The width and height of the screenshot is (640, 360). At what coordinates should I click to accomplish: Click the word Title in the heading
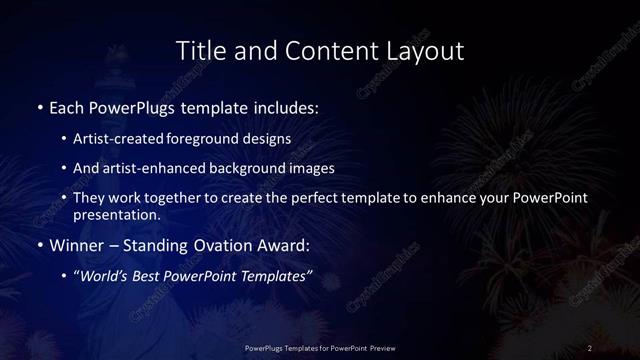tap(198, 50)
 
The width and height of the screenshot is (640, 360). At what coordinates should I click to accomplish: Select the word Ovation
tap(216, 244)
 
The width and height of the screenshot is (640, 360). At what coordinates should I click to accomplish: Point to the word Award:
tap(279, 244)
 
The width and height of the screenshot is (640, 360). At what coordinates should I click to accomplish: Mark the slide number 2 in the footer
tap(590, 347)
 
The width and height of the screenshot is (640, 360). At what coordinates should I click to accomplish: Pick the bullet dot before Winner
tap(40, 244)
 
